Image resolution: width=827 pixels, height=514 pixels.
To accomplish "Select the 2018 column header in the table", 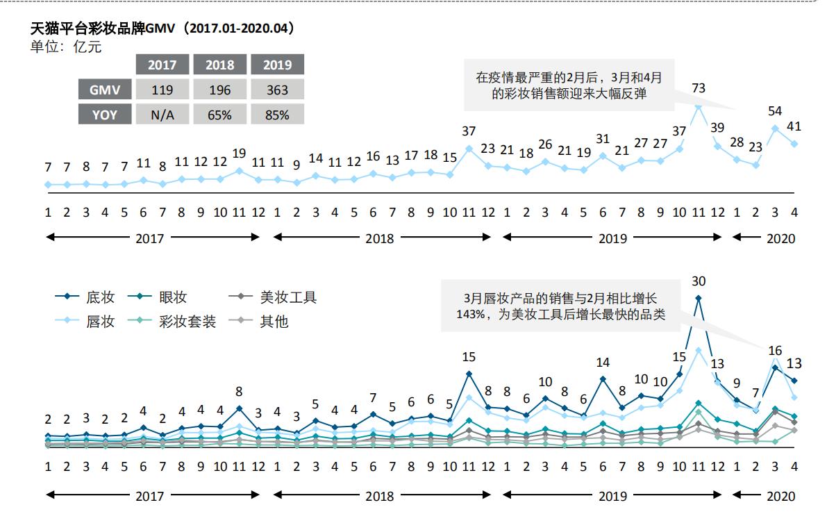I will click(x=219, y=65).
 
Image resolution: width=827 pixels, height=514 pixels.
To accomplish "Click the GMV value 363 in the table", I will click(x=277, y=90).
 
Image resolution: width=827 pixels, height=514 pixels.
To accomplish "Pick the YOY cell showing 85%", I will click(x=277, y=115).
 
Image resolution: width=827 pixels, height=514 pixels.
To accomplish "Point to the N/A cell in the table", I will click(x=162, y=115).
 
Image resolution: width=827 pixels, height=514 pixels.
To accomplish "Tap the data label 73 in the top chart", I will click(x=699, y=88).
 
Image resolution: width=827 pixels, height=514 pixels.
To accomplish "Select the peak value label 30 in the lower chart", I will click(x=699, y=281).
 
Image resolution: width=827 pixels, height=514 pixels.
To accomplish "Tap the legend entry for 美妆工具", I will click(x=277, y=297).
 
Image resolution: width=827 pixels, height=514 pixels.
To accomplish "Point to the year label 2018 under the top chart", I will click(x=379, y=238).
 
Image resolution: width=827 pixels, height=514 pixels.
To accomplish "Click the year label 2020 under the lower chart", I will click(x=780, y=496).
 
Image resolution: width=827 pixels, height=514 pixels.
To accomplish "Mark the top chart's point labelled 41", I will click(x=794, y=144).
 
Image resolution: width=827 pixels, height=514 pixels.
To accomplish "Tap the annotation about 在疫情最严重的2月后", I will click(x=568, y=85).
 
